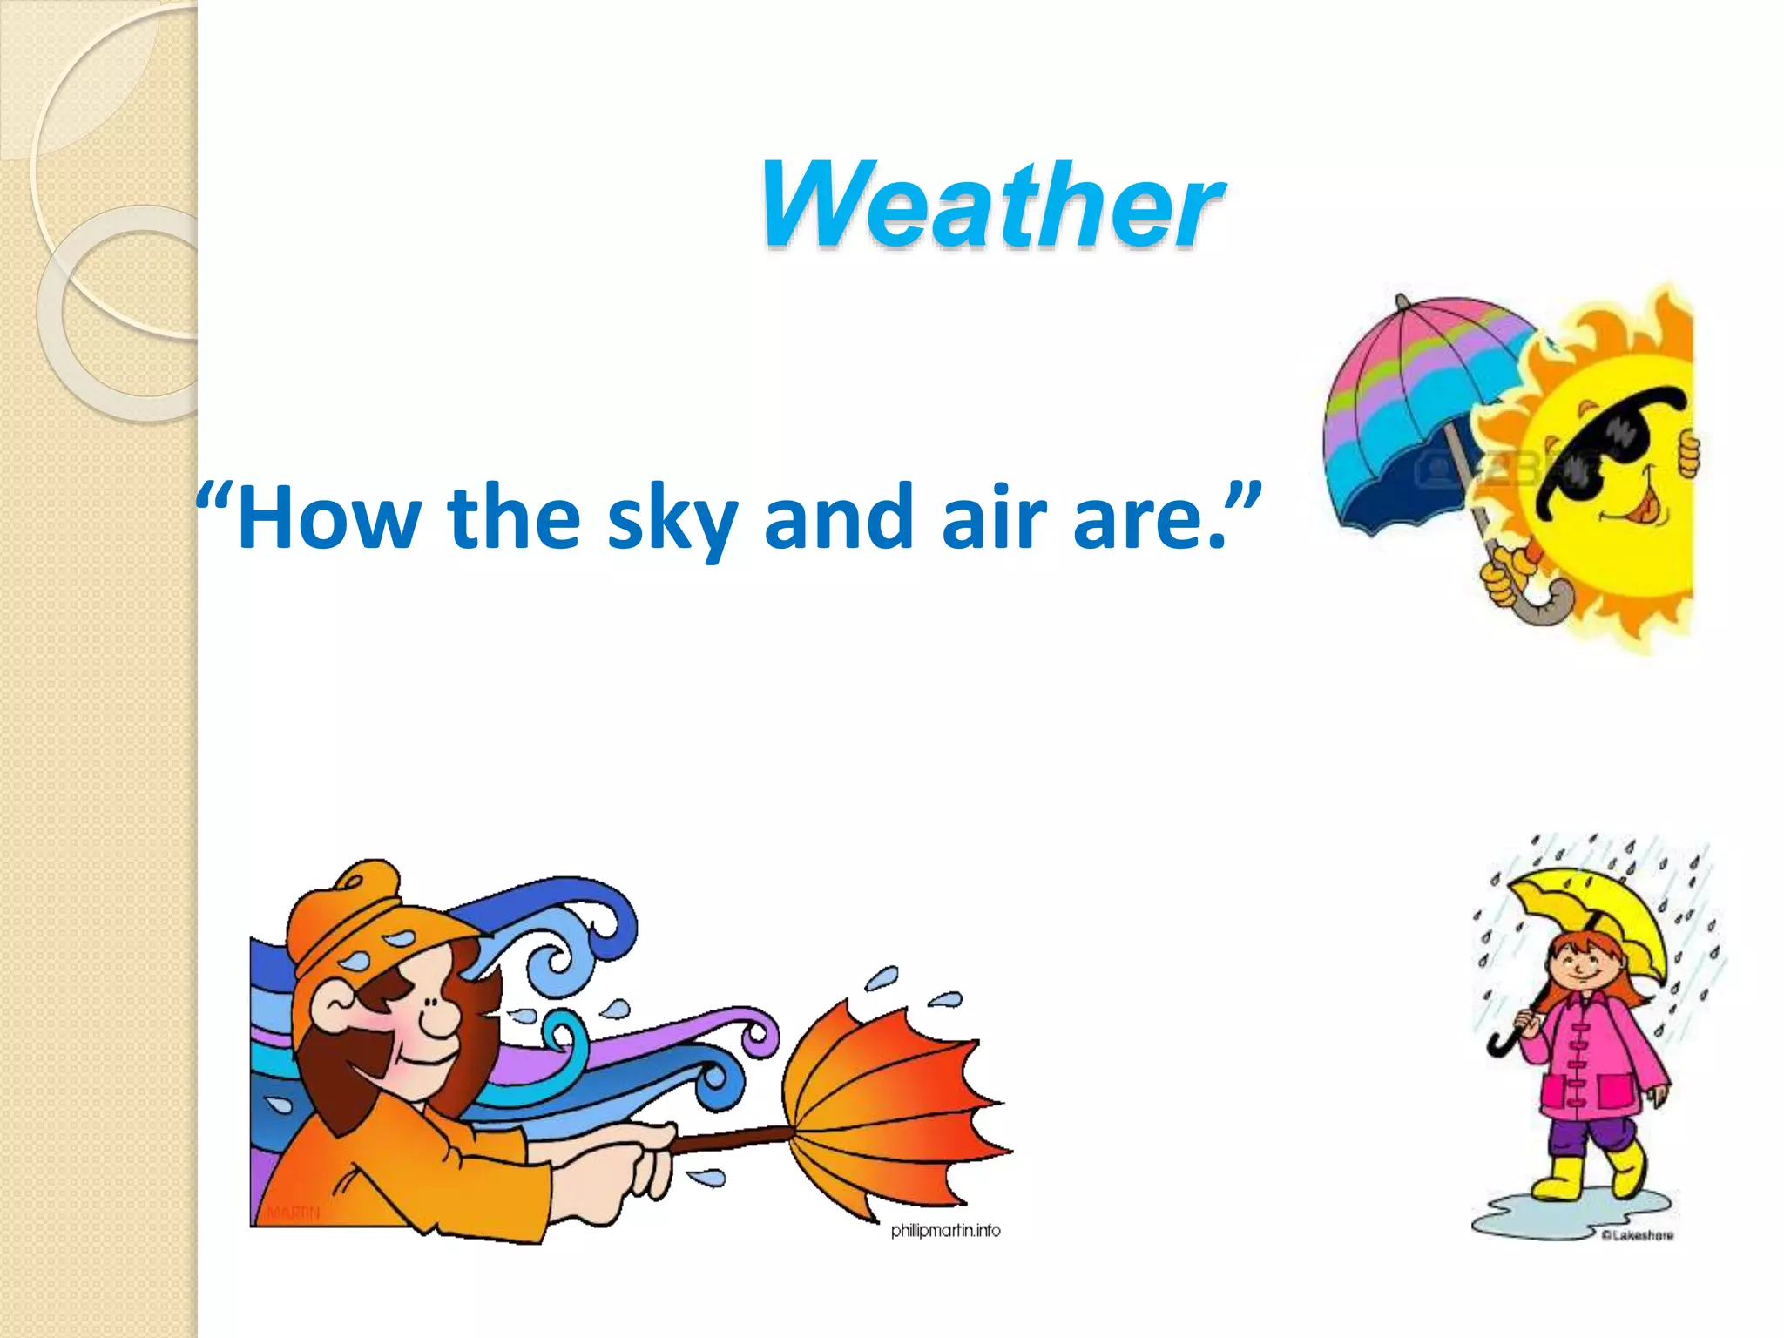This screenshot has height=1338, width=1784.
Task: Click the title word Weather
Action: (x=991, y=207)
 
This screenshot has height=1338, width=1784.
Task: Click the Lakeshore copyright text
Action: (x=1638, y=1235)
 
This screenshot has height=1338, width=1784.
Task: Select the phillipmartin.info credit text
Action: (x=945, y=1230)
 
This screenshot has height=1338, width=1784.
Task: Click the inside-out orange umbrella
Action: (x=889, y=1106)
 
